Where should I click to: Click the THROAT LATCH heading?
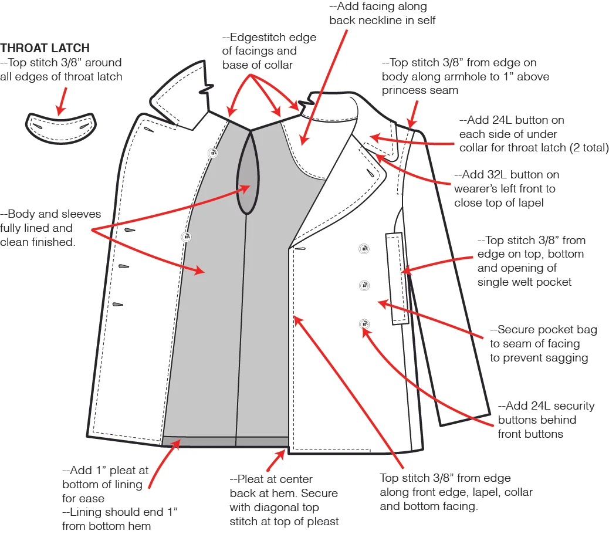pos(45,48)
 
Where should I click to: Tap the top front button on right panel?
pos(364,249)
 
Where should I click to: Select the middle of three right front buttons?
pos(364,286)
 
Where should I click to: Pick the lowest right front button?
pos(364,323)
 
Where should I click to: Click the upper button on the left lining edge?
pos(212,153)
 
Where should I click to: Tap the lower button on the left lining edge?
pos(187,236)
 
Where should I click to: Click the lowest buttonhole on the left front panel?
pos(118,305)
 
